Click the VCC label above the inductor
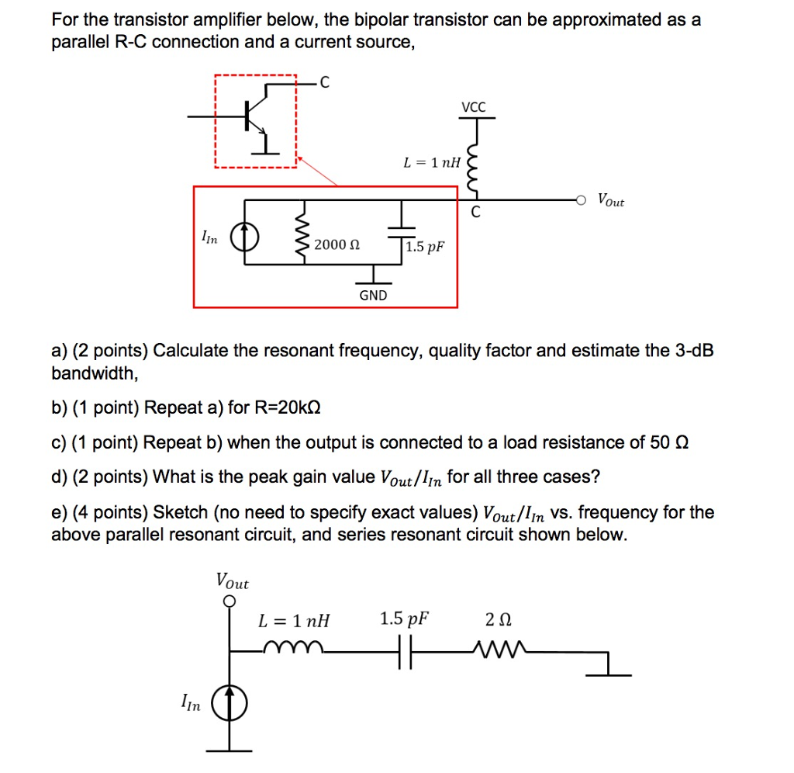coord(474,107)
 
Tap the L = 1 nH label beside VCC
coord(431,163)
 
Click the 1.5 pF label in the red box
coord(426,247)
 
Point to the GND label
coord(373,295)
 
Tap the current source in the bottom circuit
coord(229,704)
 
